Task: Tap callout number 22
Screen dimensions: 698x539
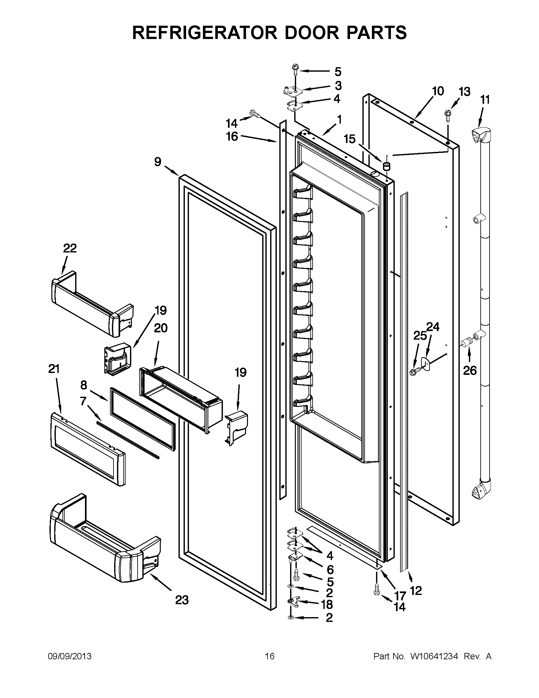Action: [x=70, y=248]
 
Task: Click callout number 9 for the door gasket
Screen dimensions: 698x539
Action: [x=158, y=162]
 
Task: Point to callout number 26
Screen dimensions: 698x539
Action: [x=470, y=370]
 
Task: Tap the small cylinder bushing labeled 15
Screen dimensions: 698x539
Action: [x=386, y=166]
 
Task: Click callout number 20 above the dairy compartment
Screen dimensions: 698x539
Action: [x=161, y=328]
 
